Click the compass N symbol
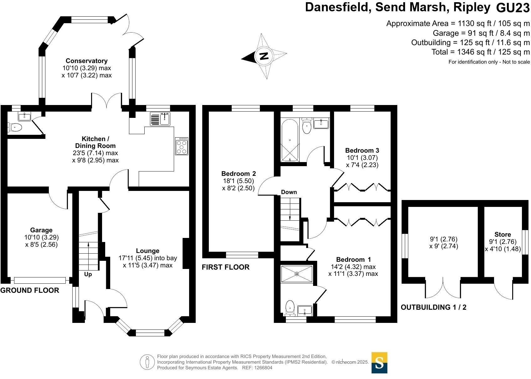pyautogui.click(x=264, y=56)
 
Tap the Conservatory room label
pyautogui.click(x=86, y=61)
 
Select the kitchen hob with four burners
pyautogui.click(x=182, y=146)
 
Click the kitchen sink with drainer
pyautogui.click(x=160, y=119)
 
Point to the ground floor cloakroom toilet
pyautogui.click(x=15, y=127)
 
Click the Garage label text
pyautogui.click(x=41, y=230)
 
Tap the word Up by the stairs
pyautogui.click(x=88, y=274)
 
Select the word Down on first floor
pyautogui.click(x=289, y=192)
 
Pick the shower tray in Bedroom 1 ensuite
pyautogui.click(x=297, y=274)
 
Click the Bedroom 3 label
pyautogui.click(x=362, y=150)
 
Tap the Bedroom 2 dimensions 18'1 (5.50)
pyautogui.click(x=238, y=181)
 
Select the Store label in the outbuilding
pyautogui.click(x=503, y=234)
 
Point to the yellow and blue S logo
pyautogui.click(x=379, y=363)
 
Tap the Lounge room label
pyautogui.click(x=147, y=251)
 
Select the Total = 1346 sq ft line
pyautogui.click(x=481, y=52)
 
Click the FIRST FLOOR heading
pyautogui.click(x=225, y=267)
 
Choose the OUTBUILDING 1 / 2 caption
pyautogui.click(x=433, y=307)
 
